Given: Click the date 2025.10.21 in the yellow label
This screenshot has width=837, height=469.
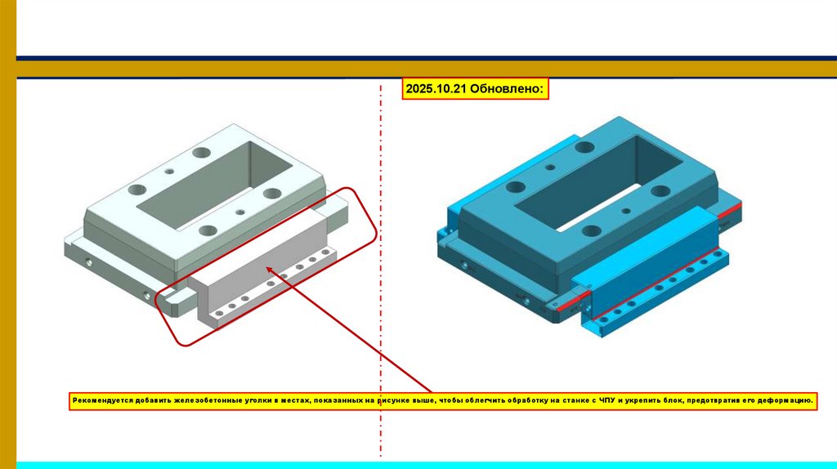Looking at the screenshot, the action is (x=436, y=88).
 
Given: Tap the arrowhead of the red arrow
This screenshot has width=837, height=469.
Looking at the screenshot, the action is (x=271, y=271).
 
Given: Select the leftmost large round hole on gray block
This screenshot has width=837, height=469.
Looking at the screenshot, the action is (x=137, y=190).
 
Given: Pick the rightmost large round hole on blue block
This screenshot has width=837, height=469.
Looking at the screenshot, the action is (x=660, y=190).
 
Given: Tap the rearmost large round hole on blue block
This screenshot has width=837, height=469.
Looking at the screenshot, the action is (x=584, y=147).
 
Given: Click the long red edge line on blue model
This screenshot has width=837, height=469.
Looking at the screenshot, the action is (x=656, y=284).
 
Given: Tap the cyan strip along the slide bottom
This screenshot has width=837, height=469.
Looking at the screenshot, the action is (x=427, y=465).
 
